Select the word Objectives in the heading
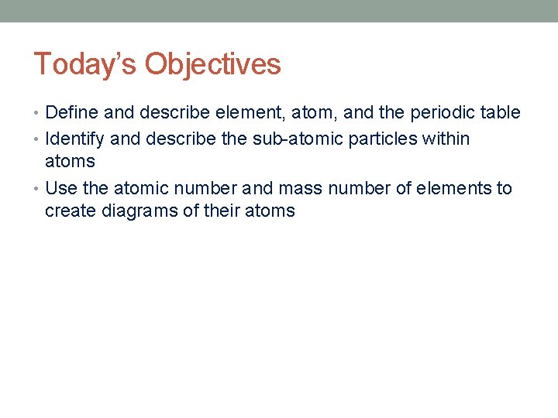coord(212,65)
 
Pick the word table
coord(501,113)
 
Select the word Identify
coord(75,139)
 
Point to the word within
coord(448,139)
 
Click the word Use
coord(61,189)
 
